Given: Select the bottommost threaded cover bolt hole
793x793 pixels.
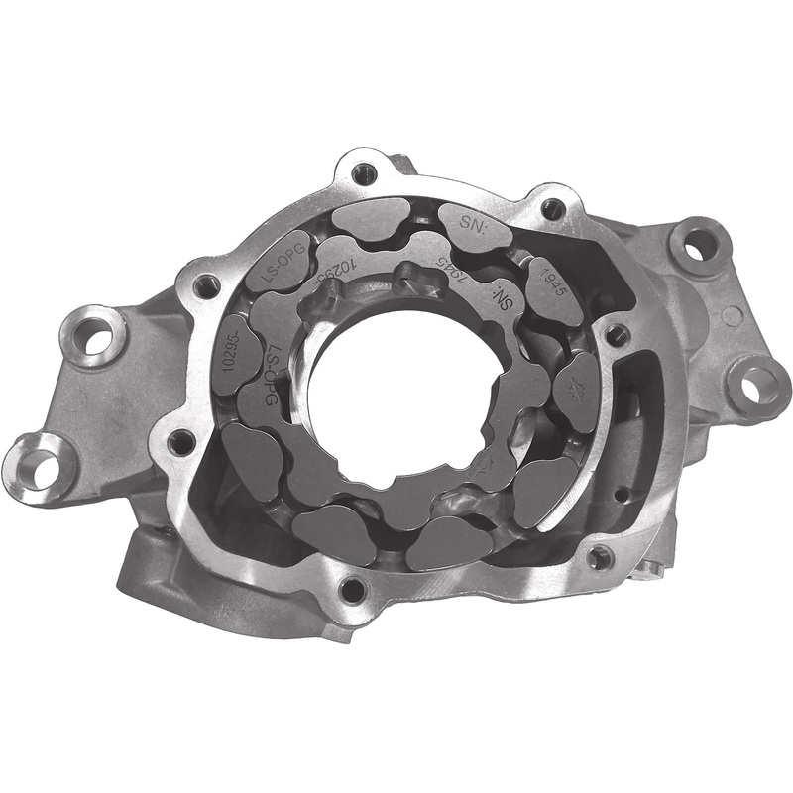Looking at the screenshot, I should pyautogui.click(x=352, y=592).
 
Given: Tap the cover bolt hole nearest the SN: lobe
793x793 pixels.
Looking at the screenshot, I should pyautogui.click(x=552, y=209).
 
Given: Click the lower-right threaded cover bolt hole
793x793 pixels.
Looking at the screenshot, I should pyautogui.click(x=599, y=556).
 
